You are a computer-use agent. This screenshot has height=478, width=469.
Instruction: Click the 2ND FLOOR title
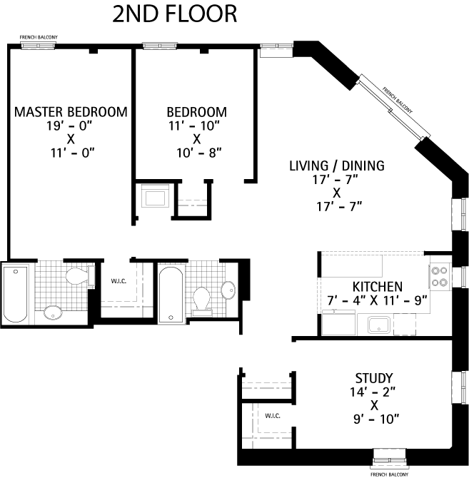(174, 14)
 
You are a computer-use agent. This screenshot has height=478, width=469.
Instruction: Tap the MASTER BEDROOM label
(71, 112)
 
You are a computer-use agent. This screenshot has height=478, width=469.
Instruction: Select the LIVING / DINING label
(336, 166)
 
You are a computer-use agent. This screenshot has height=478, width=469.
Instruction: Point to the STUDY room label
(374, 377)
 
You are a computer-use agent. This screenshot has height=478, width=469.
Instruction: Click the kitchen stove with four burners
(439, 275)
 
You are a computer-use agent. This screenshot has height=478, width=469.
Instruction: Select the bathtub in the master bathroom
(15, 294)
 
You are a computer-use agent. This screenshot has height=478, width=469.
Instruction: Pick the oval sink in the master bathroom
(53, 312)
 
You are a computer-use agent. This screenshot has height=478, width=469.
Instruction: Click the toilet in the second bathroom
(202, 299)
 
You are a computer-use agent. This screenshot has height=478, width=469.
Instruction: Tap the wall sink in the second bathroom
(228, 289)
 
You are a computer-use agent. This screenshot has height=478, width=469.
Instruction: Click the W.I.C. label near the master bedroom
(119, 280)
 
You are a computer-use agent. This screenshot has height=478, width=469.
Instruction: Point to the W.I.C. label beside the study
(273, 415)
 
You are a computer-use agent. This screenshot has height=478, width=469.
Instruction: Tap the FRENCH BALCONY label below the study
(388, 474)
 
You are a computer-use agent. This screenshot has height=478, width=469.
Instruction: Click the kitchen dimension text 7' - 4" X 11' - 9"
(377, 300)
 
